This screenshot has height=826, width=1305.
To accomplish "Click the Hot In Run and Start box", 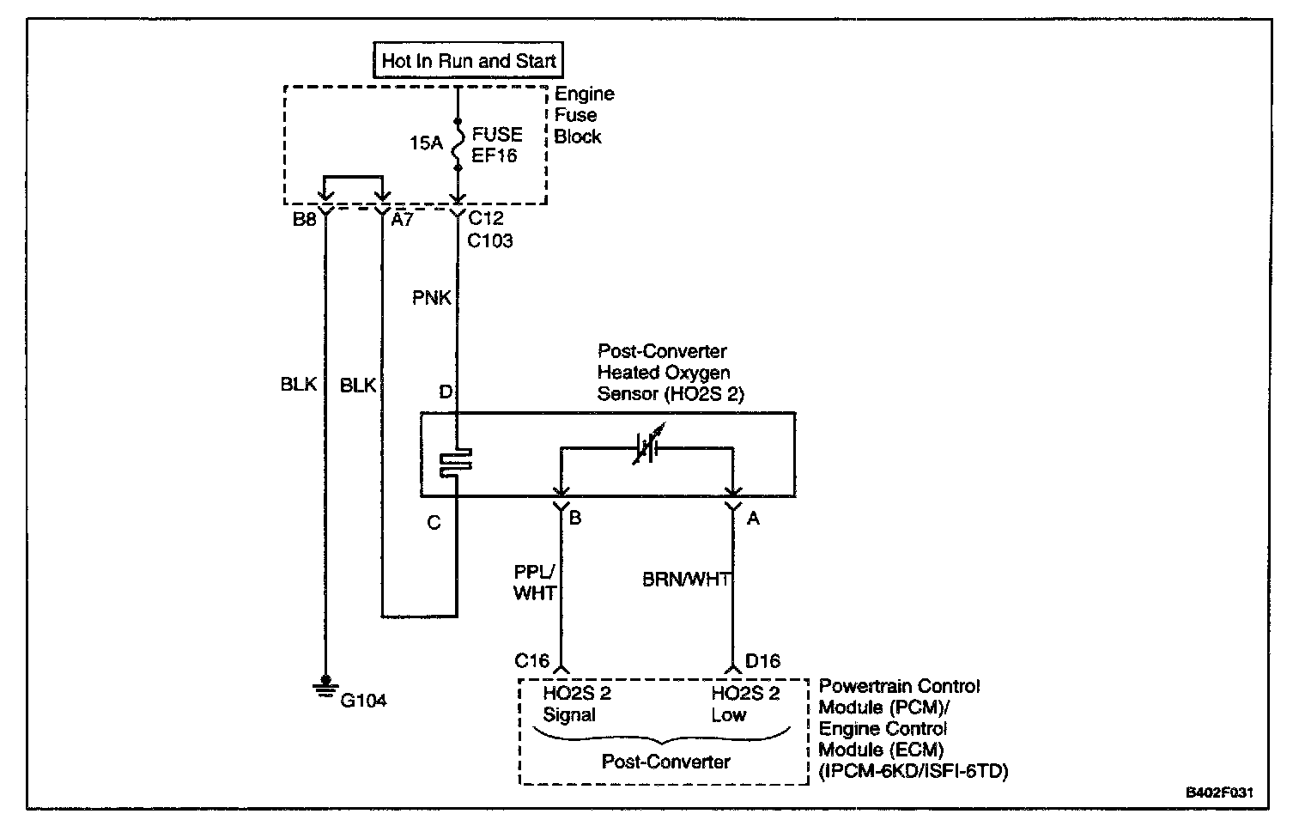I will [469, 61].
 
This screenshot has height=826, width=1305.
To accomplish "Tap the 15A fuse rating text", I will [425, 143].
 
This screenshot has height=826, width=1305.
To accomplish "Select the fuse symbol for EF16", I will [457, 143].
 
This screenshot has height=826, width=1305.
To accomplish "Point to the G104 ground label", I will [363, 701].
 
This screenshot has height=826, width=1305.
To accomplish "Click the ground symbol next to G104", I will [325, 686].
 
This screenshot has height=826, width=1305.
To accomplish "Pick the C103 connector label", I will [490, 241].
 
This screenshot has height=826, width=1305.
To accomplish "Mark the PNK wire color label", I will [431, 298].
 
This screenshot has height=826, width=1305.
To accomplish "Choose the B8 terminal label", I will [304, 220].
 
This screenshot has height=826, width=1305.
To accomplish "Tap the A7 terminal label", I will [403, 220].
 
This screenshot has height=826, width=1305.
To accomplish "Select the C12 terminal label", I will [486, 219].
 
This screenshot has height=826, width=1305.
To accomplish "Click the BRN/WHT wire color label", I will [685, 580].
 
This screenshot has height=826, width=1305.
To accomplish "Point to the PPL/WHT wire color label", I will [534, 582].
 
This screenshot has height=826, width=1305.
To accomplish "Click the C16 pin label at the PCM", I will [531, 660].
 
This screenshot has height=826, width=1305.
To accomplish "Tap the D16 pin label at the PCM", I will [762, 660].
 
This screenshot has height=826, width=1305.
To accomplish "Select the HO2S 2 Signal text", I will [576, 704].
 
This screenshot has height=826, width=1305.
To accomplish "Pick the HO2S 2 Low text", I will [744, 704].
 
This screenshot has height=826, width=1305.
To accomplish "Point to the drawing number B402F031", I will [1219, 793].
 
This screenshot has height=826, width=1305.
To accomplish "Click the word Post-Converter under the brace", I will [665, 762].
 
